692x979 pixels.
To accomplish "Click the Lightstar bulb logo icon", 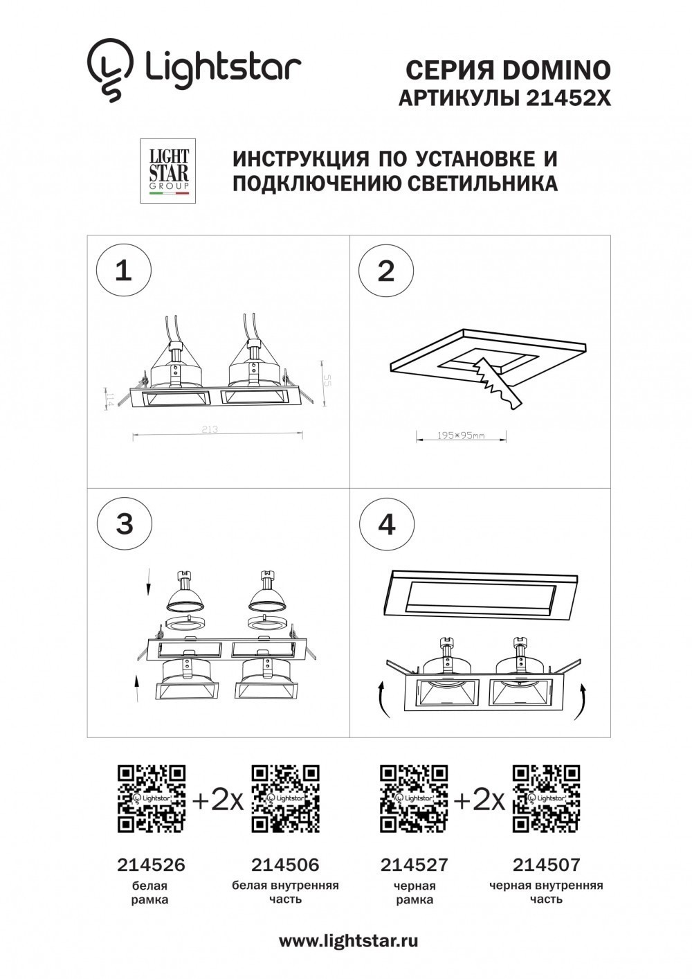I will (x=109, y=70).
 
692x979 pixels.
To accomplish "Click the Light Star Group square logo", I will (x=168, y=171).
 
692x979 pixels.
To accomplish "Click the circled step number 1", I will (x=123, y=270).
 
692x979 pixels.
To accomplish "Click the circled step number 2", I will (x=386, y=270).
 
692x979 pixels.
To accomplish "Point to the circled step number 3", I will (x=124, y=523).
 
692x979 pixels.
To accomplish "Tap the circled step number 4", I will (x=386, y=523).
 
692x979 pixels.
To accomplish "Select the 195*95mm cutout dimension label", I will (x=461, y=436).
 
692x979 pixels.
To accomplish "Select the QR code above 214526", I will (x=152, y=798).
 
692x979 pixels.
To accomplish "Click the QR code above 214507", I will (x=546, y=798).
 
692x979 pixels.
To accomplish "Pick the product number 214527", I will (x=414, y=864).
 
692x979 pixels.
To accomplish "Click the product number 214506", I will (x=285, y=864).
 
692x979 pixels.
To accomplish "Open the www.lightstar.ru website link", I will (x=348, y=941).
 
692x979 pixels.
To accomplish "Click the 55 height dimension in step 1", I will (x=329, y=380).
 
